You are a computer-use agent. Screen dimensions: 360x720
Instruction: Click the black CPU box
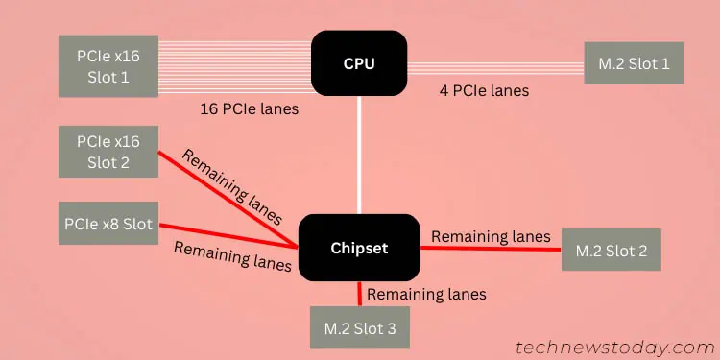pos(359,64)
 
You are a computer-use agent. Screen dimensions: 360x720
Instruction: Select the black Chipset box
pos(359,248)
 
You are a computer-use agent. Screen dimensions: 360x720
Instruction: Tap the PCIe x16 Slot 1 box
pos(108,65)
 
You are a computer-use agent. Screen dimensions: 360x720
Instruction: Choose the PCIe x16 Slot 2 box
pos(108,151)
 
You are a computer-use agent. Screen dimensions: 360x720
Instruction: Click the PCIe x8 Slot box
pos(108,223)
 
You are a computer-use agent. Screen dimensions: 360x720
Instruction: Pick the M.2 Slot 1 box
pos(635,63)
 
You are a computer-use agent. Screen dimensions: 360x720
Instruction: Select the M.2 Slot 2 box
pos(612,250)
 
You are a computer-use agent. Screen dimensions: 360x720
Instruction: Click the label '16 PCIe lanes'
pos(249,108)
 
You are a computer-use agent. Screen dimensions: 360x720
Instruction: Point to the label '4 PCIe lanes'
pos(483,91)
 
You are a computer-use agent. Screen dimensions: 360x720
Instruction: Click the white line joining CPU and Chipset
pos(360,154)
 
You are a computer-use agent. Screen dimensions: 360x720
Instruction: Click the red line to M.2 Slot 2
pos(490,248)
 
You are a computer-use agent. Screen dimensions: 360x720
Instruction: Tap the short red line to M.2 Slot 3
pos(360,293)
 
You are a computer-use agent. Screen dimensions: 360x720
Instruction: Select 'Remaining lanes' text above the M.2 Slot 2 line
pos(491,235)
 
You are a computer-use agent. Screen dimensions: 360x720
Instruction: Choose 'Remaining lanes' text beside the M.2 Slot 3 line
pos(426,294)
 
